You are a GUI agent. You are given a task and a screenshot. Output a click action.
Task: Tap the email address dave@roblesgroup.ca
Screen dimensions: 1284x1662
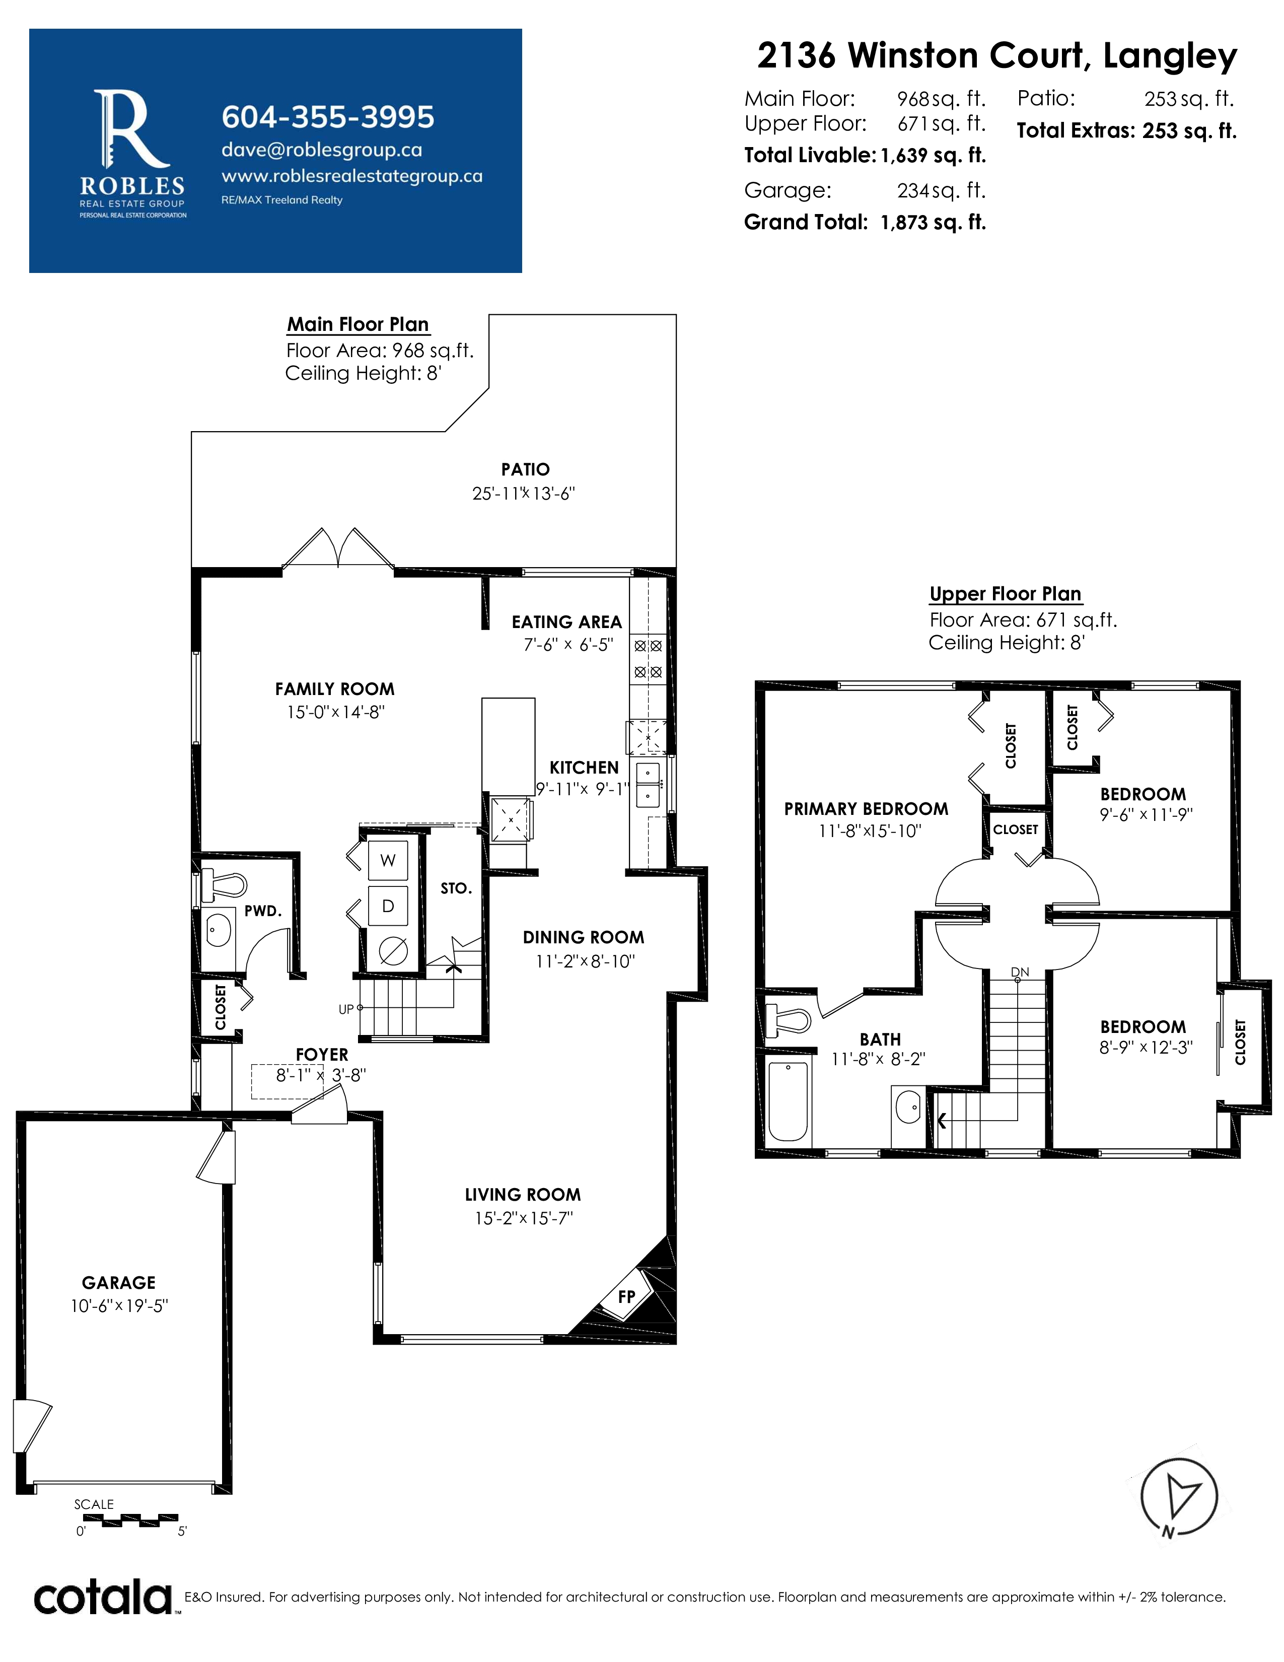pos(322,150)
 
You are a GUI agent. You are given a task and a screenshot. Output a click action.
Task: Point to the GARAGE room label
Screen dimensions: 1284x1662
pos(119,1282)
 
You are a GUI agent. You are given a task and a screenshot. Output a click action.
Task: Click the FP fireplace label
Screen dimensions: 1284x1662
pos(627,1296)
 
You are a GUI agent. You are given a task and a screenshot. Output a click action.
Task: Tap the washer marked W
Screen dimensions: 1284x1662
pos(388,861)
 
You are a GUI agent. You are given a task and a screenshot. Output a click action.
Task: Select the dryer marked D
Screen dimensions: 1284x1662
pos(388,906)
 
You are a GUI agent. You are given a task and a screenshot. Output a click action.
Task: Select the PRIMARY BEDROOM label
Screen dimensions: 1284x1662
pos(867,809)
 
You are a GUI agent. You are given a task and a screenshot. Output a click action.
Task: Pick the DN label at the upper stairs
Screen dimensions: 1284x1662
pos(1020,973)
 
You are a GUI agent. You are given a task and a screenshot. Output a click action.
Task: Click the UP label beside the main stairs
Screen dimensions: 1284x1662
pos(346,1010)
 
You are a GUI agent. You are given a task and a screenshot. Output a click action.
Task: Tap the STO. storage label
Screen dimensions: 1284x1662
pos(456,888)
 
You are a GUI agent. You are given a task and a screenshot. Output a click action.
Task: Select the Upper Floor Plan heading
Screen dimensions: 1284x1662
pos(1006,594)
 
